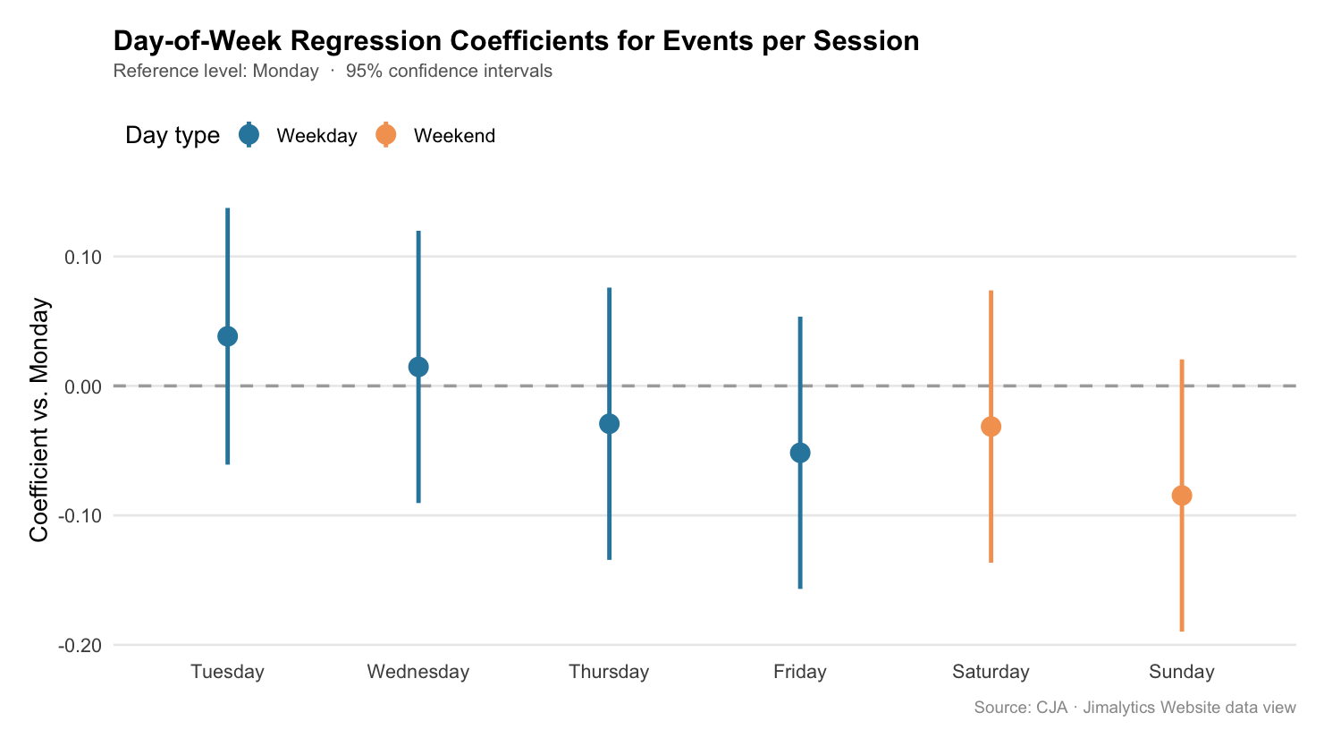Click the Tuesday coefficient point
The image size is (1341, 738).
pyautogui.click(x=227, y=336)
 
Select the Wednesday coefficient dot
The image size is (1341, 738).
pyautogui.click(x=418, y=367)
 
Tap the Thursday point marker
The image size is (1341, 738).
pyautogui.click(x=609, y=424)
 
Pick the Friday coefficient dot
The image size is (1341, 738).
pyautogui.click(x=800, y=453)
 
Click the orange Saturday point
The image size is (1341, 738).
pyautogui.click(x=991, y=427)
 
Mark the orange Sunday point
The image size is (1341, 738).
pyautogui.click(x=1182, y=496)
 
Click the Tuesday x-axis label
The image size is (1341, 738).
pyautogui.click(x=227, y=672)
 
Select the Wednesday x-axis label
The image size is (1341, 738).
pyautogui.click(x=418, y=672)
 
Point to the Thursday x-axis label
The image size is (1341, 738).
pyautogui.click(x=609, y=672)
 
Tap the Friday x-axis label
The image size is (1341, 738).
pyautogui.click(x=800, y=672)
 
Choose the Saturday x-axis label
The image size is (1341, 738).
pyautogui.click(x=991, y=672)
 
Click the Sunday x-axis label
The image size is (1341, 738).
pyautogui.click(x=1182, y=672)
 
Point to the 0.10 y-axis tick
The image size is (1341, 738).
pyautogui.click(x=83, y=258)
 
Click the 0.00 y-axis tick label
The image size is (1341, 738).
pyautogui.click(x=83, y=387)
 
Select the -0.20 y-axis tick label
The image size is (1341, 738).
pyautogui.click(x=80, y=646)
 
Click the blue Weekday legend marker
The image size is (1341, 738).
pyautogui.click(x=249, y=135)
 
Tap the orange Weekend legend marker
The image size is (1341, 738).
pyautogui.click(x=386, y=135)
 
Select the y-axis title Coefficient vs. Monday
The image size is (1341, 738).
pyautogui.click(x=39, y=420)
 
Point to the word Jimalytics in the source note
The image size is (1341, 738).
pyautogui.click(x=1119, y=708)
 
